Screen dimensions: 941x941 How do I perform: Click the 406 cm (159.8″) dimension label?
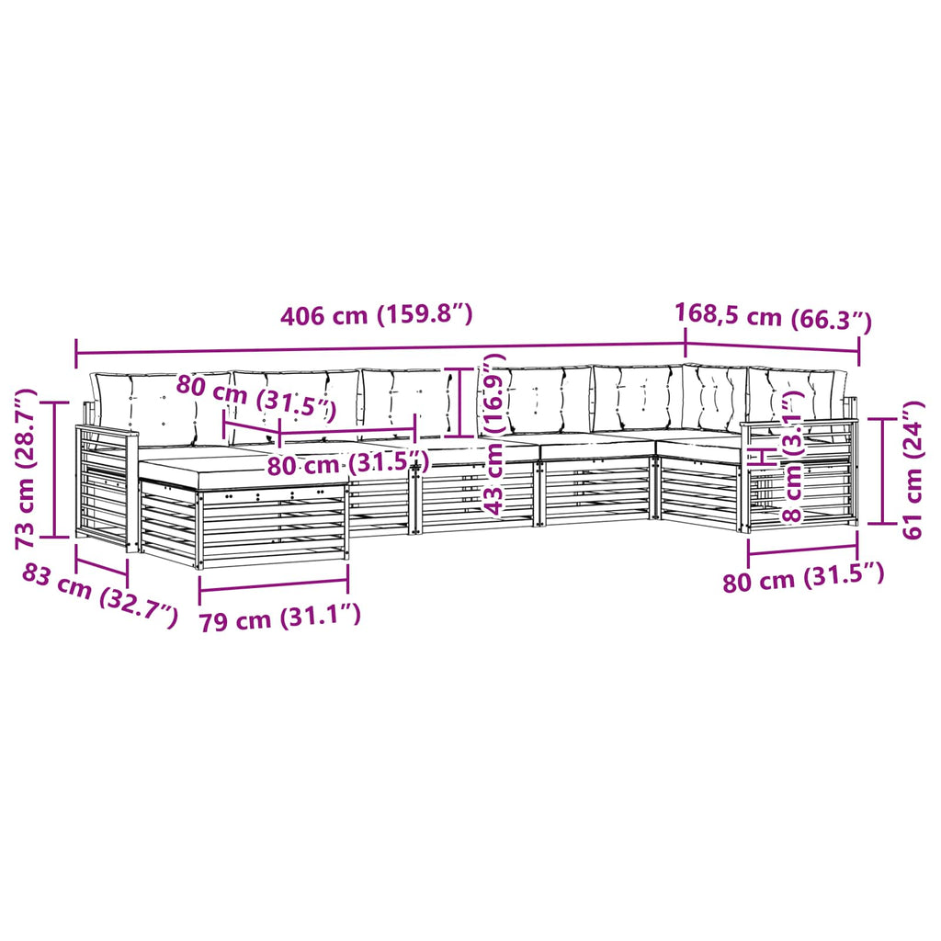pos(376,314)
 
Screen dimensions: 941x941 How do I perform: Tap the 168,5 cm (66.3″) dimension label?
pos(773,317)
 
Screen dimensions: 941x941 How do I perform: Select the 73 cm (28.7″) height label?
pos(27,469)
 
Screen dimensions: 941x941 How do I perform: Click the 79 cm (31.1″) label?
pos(279,618)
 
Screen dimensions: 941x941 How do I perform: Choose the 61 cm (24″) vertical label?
pos(913,470)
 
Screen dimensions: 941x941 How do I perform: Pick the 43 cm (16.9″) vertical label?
pos(495,435)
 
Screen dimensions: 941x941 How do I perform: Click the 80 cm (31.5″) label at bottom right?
pos(803,578)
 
